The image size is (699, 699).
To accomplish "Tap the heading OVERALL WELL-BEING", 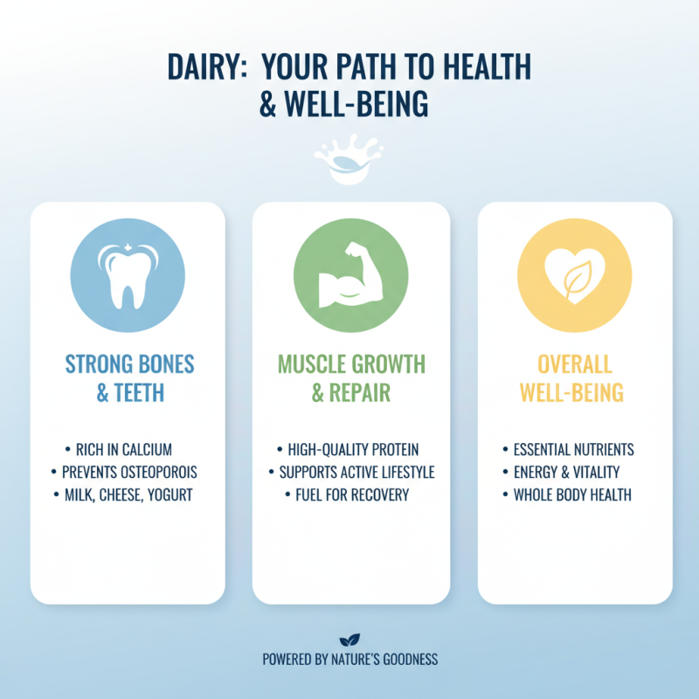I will click(574, 377).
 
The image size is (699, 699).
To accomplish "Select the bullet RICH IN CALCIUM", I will click(123, 450).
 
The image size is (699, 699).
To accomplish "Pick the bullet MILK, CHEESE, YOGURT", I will click(128, 495).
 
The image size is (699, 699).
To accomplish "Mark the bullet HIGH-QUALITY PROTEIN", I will click(353, 450).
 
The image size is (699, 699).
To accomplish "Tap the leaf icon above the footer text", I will click(349, 640).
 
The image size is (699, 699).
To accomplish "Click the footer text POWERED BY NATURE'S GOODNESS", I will click(349, 661).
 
